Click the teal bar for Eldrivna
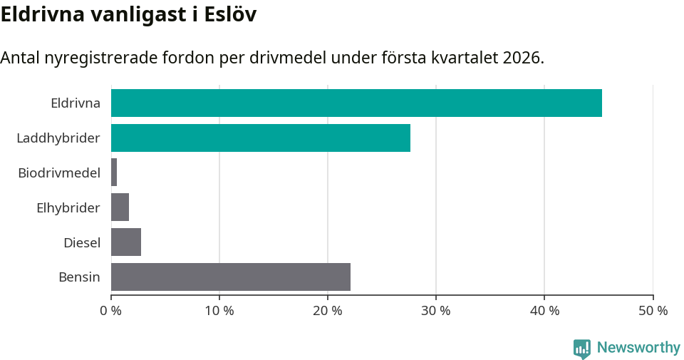[356, 103]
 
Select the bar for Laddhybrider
[261, 138]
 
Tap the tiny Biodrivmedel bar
[114, 173]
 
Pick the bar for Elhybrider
[120, 207]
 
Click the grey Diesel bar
[126, 242]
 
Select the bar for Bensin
[231, 277]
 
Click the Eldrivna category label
[76, 103]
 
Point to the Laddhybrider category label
[58, 138]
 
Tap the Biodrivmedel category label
[59, 173]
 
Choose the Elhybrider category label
[68, 207]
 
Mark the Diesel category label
[82, 242]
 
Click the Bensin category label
[79, 277]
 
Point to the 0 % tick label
[111, 311]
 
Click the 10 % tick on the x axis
[219, 311]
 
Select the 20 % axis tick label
[328, 311]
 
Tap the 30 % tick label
[436, 311]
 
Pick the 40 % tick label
[544, 311]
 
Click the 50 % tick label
[653, 311]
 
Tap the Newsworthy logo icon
[582, 348]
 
